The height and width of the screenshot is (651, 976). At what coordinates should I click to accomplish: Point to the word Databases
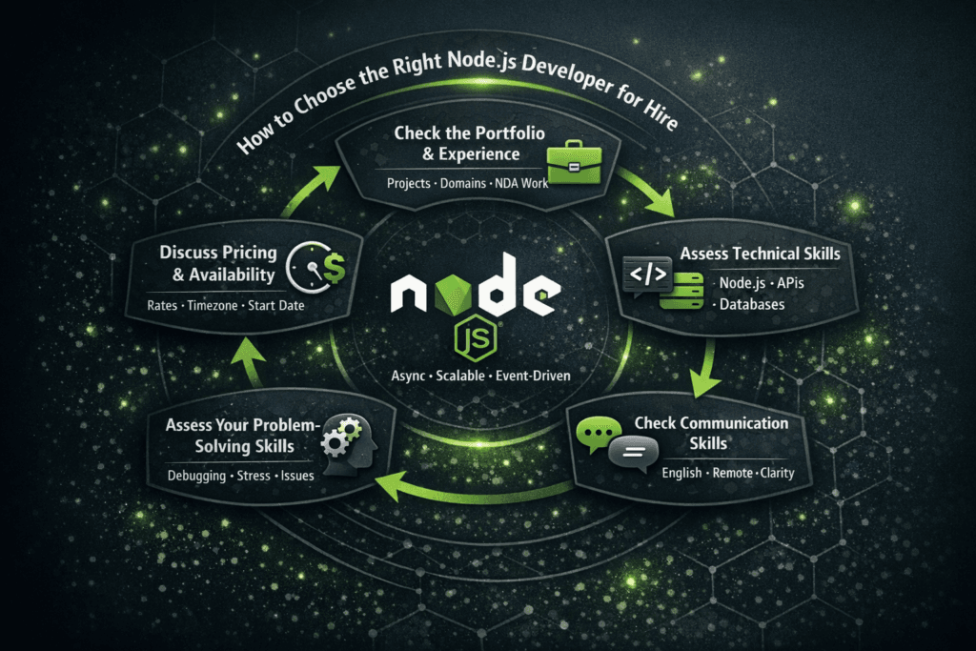(x=752, y=304)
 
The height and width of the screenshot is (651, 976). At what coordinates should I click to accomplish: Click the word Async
(x=405, y=376)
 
